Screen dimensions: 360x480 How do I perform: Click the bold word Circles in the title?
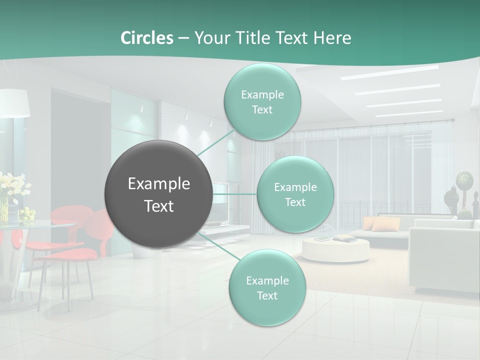click(x=146, y=38)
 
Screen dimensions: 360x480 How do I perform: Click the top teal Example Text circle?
click(x=262, y=101)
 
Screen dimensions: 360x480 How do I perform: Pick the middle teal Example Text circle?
click(x=295, y=194)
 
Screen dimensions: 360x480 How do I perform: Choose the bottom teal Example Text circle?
click(x=267, y=287)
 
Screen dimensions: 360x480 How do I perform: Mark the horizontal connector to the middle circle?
click(x=234, y=194)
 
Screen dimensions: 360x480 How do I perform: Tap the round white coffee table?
click(x=335, y=250)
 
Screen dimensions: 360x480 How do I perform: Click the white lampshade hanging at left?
click(x=14, y=103)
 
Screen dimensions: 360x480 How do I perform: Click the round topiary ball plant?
click(x=464, y=179)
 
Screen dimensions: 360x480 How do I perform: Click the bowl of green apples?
click(x=27, y=214)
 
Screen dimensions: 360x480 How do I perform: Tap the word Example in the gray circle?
click(x=159, y=184)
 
